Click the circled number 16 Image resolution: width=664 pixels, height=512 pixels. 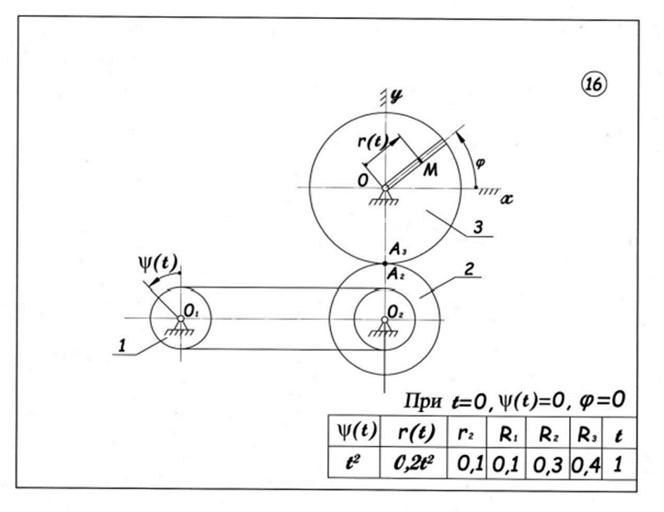(592, 84)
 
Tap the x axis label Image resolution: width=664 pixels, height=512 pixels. (506, 200)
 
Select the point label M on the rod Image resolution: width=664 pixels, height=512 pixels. (431, 172)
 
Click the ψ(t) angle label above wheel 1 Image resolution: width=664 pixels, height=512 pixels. (156, 264)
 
